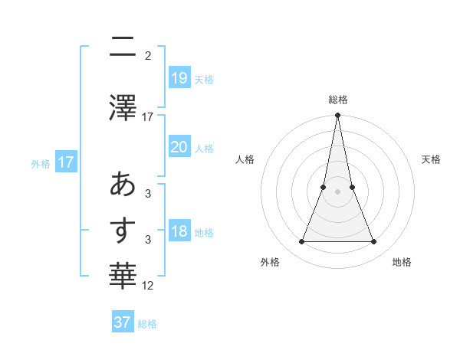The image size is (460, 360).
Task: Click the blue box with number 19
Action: tap(179, 77)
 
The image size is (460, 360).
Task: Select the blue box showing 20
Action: tap(179, 147)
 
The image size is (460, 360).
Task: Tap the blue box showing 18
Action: tap(179, 232)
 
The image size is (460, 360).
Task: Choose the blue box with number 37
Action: tap(123, 322)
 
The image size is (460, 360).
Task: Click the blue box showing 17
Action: tap(65, 162)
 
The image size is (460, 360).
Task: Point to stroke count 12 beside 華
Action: tap(148, 286)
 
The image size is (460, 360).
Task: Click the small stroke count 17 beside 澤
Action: tap(148, 117)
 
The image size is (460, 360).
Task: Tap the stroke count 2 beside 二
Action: tap(148, 55)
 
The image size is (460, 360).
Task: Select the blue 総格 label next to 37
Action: tap(147, 324)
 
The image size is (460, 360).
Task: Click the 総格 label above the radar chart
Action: tap(337, 100)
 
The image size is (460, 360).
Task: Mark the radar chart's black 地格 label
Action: tap(402, 263)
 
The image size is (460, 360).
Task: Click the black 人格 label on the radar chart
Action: tap(245, 159)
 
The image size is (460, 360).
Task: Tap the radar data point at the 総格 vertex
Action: tap(337, 116)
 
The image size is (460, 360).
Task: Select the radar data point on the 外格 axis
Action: tap(301, 242)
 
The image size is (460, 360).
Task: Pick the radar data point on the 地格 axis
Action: tap(374, 242)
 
